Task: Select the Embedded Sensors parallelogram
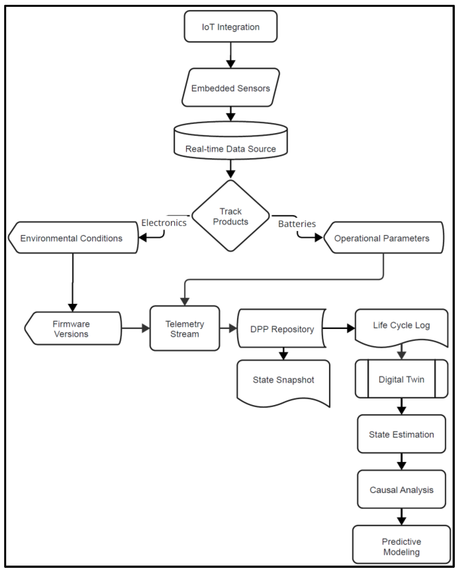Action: coord(231,88)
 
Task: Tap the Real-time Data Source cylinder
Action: coord(231,144)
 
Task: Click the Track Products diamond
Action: coord(231,216)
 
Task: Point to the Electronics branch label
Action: coord(164,223)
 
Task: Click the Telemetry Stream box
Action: coord(185,329)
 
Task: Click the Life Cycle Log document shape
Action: coord(402,326)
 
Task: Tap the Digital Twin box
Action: coord(402,379)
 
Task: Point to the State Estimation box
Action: coord(402,434)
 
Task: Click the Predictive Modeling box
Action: coord(402,546)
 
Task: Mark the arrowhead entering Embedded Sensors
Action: coord(231,64)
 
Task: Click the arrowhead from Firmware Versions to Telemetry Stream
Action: coord(146,328)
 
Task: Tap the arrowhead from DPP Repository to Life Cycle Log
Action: coord(351,328)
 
